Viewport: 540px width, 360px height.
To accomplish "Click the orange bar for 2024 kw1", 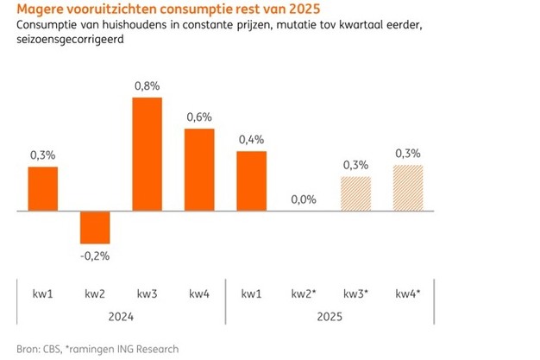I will click(x=43, y=188).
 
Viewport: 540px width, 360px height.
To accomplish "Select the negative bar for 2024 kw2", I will click(x=95, y=226).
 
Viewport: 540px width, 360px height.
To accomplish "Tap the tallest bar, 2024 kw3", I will click(x=147, y=154).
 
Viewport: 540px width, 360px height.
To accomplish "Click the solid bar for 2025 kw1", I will click(x=251, y=180).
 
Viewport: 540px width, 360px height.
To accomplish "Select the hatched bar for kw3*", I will click(x=355, y=193).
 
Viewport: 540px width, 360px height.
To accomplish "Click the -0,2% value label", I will click(x=95, y=256).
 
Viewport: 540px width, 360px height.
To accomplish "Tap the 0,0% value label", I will click(x=304, y=199).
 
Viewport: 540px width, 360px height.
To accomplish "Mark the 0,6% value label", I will click(x=198, y=118).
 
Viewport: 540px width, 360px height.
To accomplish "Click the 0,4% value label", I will click(x=251, y=138).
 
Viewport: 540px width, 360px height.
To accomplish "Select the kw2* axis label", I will click(x=305, y=295).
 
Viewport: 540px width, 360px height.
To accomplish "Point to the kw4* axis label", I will click(x=408, y=295).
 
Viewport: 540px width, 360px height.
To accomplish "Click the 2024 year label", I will click(x=121, y=317).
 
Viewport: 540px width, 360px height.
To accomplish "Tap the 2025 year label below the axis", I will click(x=330, y=317).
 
